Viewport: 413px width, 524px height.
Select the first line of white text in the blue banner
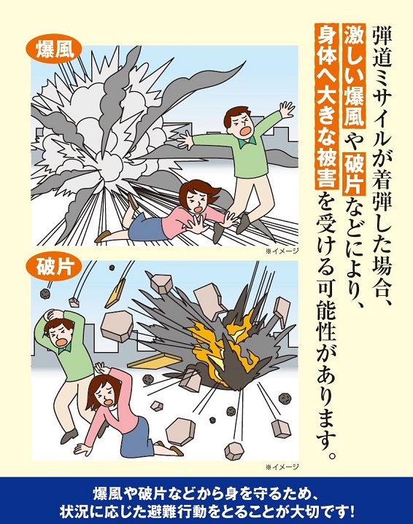tap(206, 490)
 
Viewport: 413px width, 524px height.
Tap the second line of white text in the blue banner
tap(206, 508)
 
